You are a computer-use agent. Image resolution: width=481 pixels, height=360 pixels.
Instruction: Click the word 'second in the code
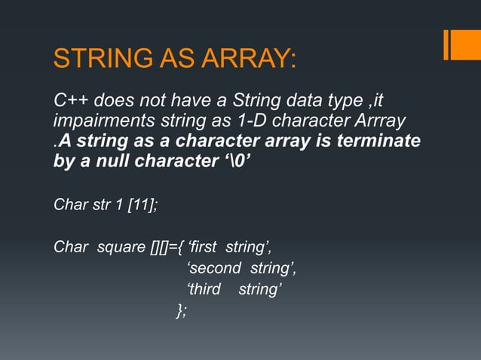pyautogui.click(x=213, y=268)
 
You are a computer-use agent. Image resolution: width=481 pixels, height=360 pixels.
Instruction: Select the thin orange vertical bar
pyautogui.click(x=446, y=44)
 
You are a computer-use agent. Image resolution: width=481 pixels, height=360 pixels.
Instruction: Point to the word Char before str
pyautogui.click(x=69, y=204)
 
